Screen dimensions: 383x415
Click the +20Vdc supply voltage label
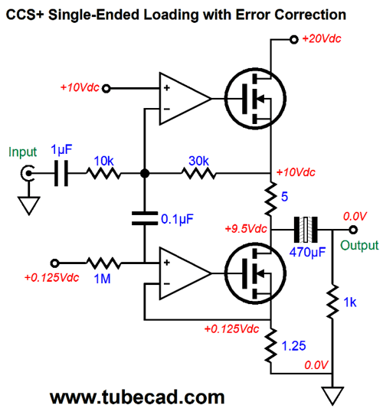[x=322, y=39]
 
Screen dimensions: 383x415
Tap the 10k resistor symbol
[x=103, y=173]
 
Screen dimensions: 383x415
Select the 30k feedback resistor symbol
[x=198, y=173]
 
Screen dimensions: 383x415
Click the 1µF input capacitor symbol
[x=61, y=173]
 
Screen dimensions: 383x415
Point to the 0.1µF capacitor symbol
[x=145, y=218]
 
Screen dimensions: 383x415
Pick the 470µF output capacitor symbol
[x=306, y=230]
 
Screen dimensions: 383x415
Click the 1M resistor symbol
[x=103, y=263]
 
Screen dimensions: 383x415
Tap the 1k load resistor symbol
[x=332, y=301]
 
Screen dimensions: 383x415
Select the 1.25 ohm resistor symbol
[x=270, y=346]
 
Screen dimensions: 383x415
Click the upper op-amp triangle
[x=185, y=99]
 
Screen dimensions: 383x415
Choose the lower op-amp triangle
[x=185, y=273]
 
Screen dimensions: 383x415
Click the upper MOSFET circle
[x=255, y=99]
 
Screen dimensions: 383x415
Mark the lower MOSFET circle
[x=255, y=273]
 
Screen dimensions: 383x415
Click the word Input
[x=22, y=152]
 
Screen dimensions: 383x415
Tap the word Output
[x=359, y=245]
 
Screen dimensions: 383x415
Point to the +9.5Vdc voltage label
[x=246, y=229]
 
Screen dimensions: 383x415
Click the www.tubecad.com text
[x=137, y=397]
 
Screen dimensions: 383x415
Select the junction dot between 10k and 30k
[x=145, y=173]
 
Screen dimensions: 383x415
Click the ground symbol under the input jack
[x=29, y=206]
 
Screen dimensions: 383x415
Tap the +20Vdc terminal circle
[x=293, y=40]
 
